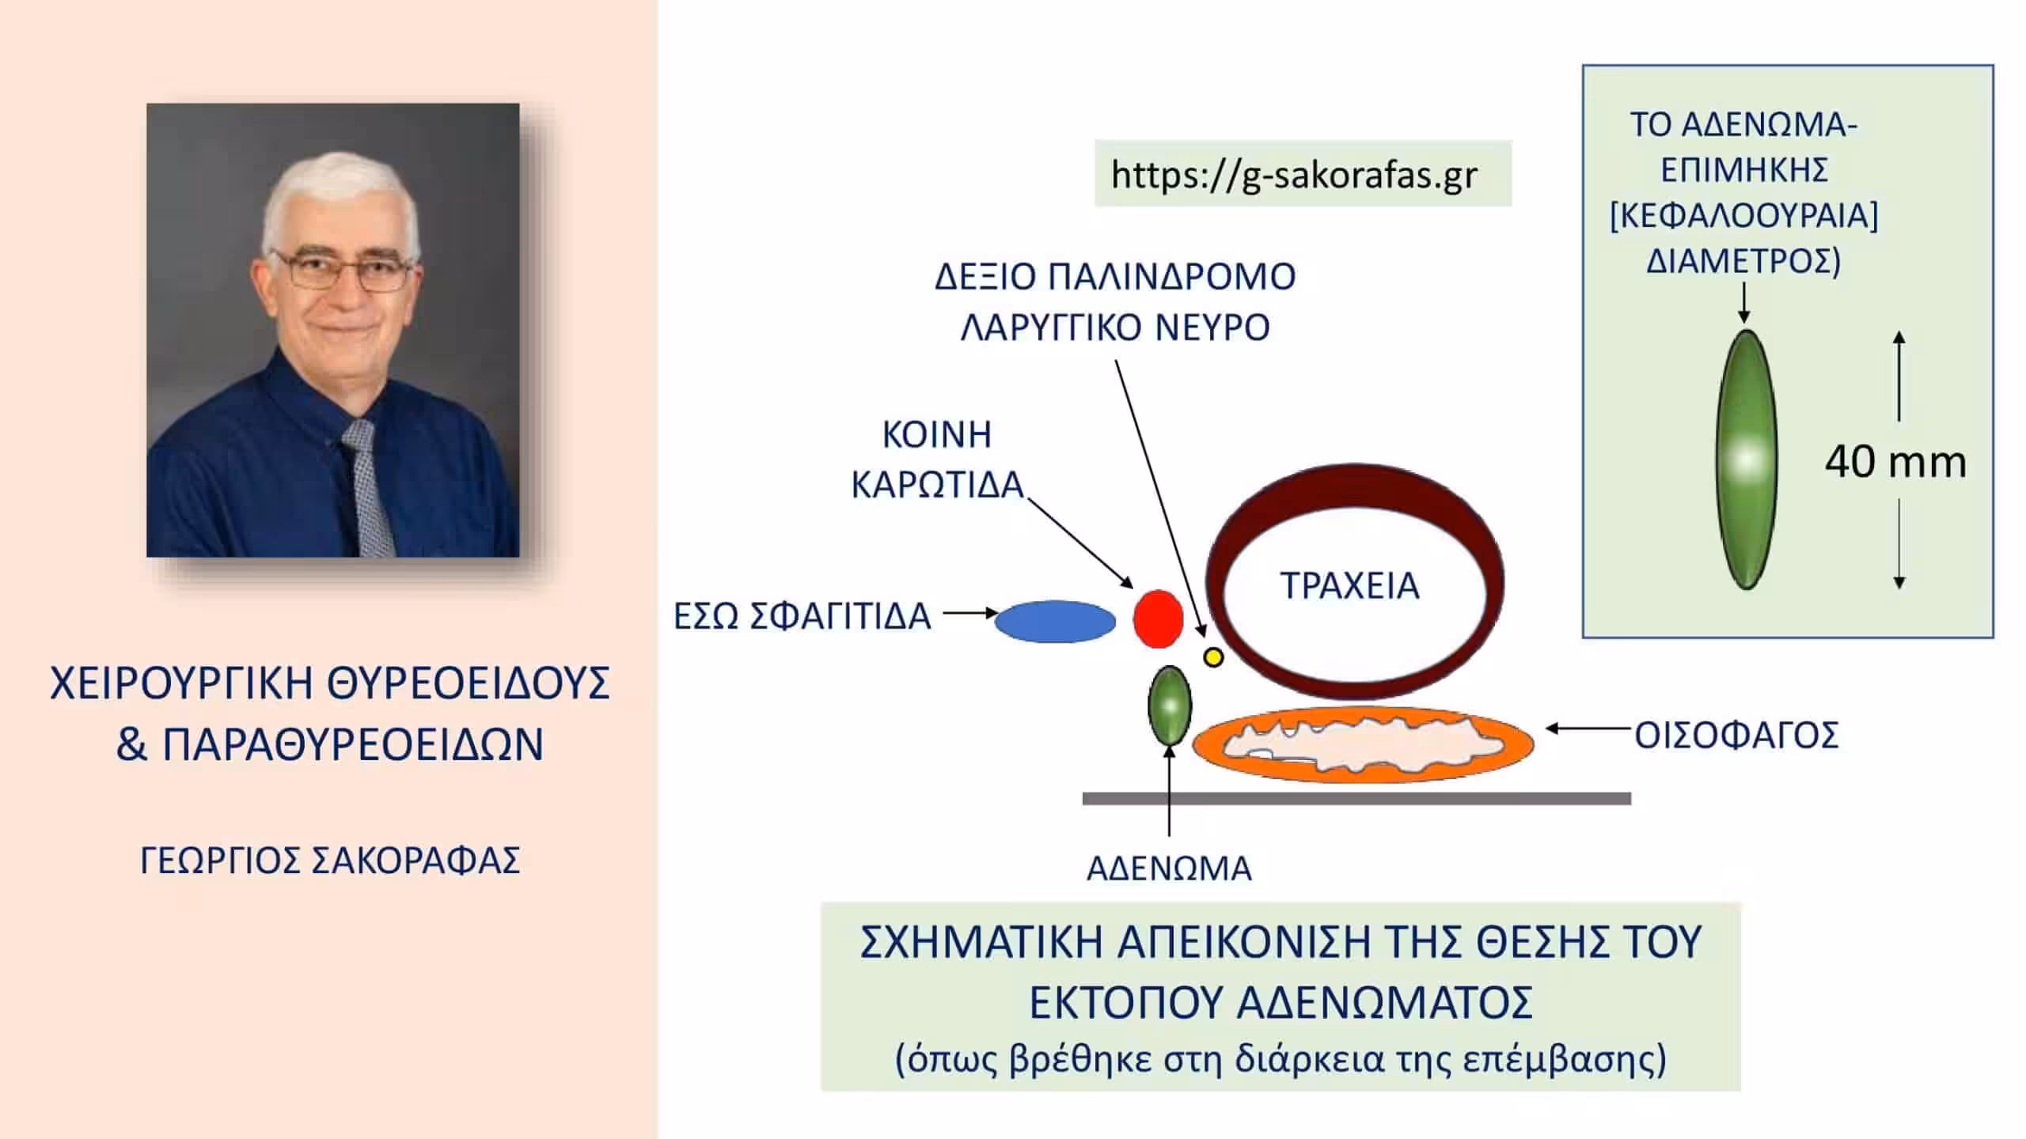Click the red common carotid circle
[1158, 619]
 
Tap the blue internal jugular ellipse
[1055, 621]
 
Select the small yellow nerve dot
[1213, 657]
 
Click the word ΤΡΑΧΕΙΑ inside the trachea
[1349, 586]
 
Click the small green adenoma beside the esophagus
[1169, 706]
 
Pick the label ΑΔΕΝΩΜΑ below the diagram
[1169, 868]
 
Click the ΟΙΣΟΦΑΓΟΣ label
[1736, 736]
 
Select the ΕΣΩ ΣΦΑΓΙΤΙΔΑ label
[802, 616]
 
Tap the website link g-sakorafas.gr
[1294, 175]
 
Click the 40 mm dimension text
[1895, 462]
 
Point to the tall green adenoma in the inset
[1746, 460]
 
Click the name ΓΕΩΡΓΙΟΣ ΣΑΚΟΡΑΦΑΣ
[330, 861]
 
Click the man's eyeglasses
[343, 270]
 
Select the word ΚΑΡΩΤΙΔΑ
[938, 484]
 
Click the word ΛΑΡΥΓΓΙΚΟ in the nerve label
[1052, 327]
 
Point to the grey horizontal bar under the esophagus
[1356, 799]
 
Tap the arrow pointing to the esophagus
[1590, 728]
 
